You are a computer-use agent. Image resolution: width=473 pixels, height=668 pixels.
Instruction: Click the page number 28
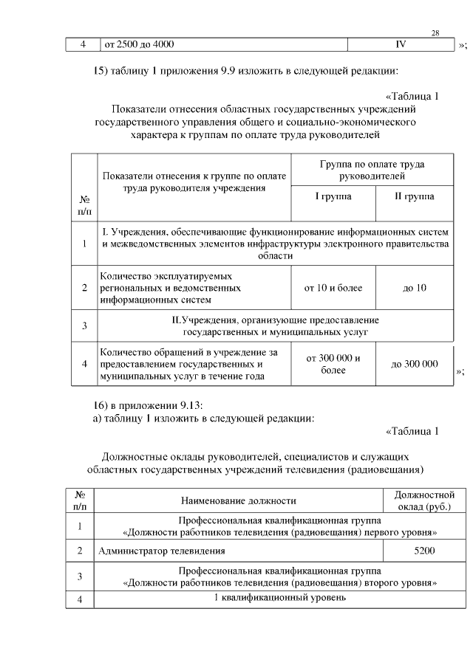click(x=435, y=33)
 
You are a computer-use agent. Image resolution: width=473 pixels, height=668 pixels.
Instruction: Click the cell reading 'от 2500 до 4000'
click(x=140, y=45)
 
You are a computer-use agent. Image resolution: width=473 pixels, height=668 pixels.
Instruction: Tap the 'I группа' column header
click(x=333, y=197)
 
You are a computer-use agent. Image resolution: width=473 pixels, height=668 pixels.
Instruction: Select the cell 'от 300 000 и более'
click(x=333, y=364)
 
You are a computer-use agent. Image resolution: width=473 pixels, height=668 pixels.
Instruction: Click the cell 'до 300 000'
click(x=414, y=364)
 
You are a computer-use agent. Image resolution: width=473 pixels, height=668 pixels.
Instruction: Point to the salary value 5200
click(x=425, y=551)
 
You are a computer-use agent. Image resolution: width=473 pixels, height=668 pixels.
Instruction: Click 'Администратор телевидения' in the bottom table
click(x=161, y=551)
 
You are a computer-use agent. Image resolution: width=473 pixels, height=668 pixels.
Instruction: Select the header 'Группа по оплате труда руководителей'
click(x=372, y=171)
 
